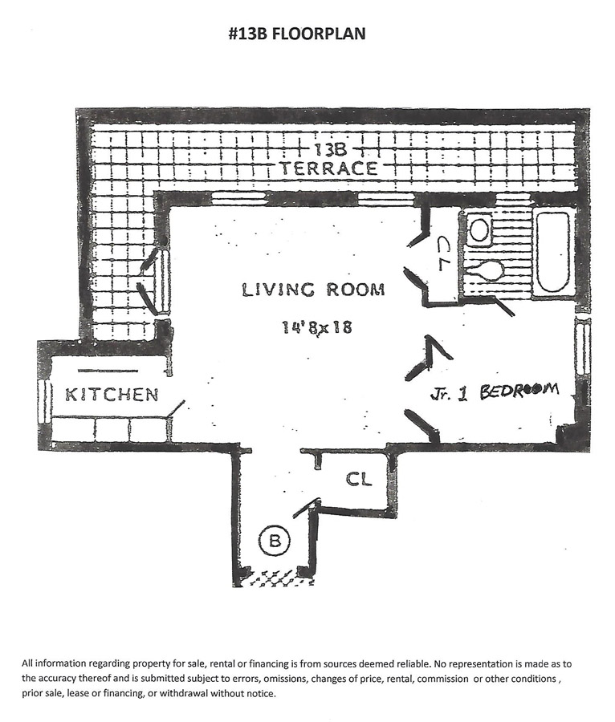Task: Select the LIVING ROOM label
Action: pos(313,290)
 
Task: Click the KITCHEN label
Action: pos(111,395)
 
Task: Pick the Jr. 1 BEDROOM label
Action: pos(493,392)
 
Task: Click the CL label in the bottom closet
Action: pos(359,479)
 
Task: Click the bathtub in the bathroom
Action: pos(553,251)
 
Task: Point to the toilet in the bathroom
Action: pos(485,270)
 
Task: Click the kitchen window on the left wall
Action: pos(43,399)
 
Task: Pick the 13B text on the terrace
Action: pos(330,150)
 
